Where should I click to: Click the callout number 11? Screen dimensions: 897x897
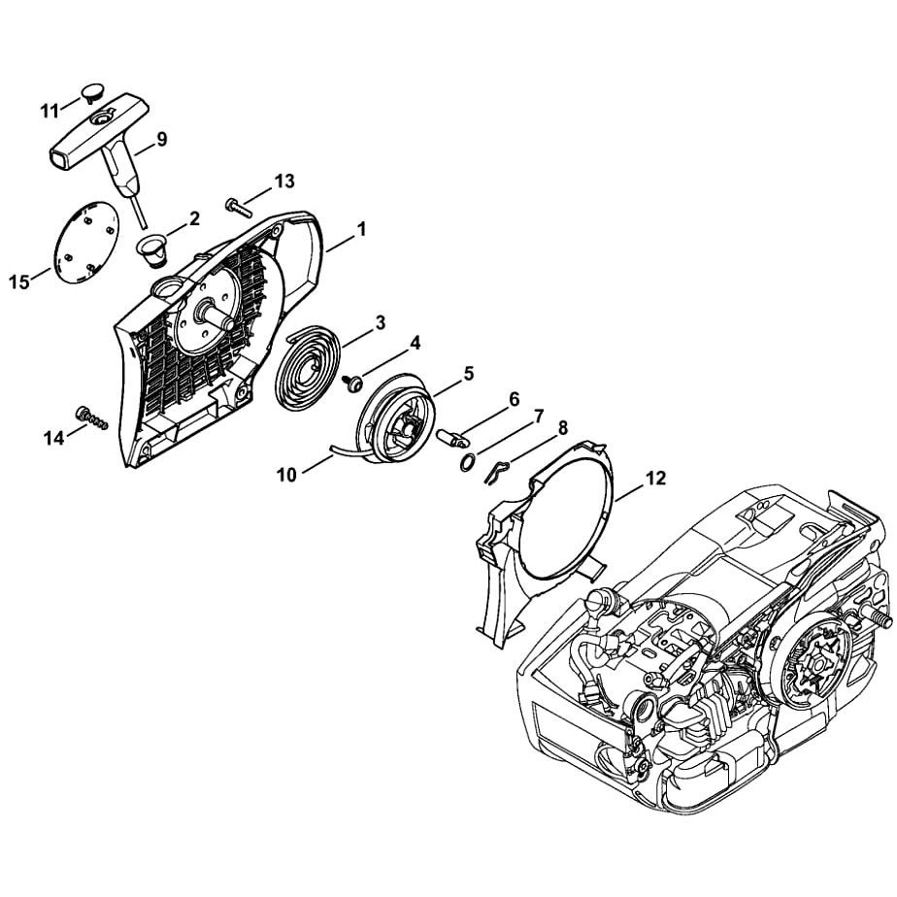click(50, 110)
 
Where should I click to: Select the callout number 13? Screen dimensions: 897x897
click(283, 182)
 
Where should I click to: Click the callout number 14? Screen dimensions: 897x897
click(52, 438)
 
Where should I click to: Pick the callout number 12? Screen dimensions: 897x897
click(656, 478)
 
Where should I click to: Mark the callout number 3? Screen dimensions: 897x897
click(381, 321)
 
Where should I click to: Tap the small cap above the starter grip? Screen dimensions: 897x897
click(93, 92)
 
